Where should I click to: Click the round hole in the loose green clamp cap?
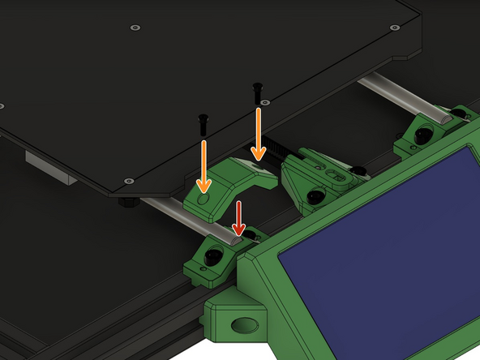pyautogui.click(x=204, y=199)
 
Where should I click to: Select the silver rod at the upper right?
pyautogui.click(x=397, y=96)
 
